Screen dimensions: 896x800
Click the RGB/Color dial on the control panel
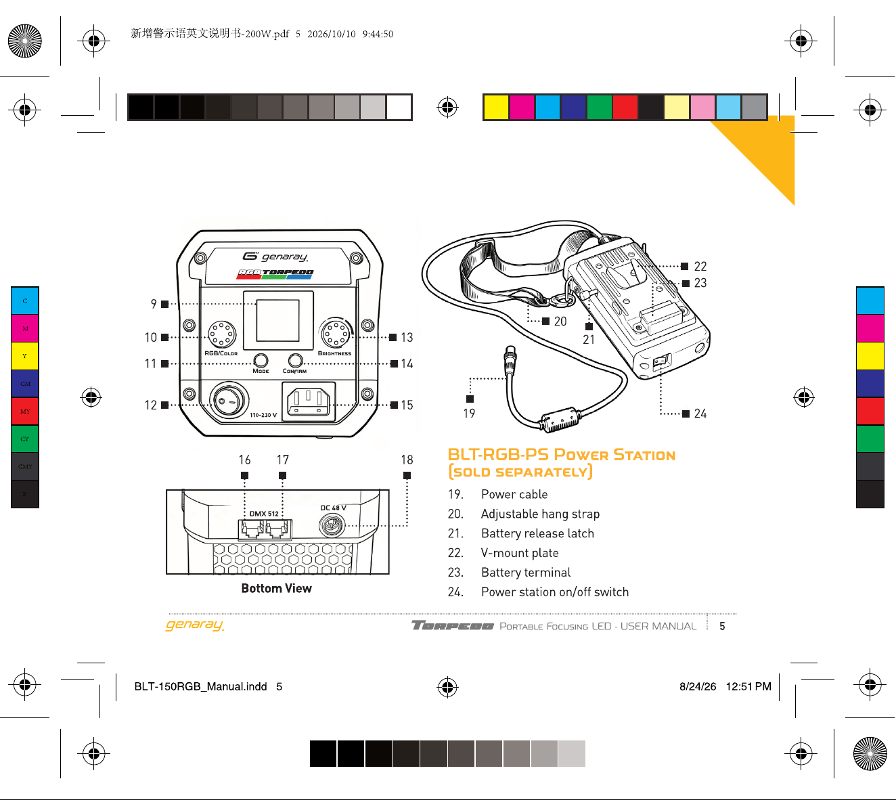[222, 334]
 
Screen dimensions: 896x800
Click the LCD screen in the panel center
[278, 320]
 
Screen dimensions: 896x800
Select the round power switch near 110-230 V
[229, 400]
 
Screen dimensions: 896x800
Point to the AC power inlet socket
[309, 402]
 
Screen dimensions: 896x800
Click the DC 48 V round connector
[331, 525]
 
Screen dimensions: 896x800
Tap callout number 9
[154, 304]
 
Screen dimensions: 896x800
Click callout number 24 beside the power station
[700, 414]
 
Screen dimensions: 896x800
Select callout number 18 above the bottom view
[407, 460]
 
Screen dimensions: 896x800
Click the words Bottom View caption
[276, 588]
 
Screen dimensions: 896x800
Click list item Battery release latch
[537, 533]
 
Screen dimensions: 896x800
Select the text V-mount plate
[520, 553]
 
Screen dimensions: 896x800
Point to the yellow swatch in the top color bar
[496, 107]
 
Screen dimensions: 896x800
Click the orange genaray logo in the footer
[195, 625]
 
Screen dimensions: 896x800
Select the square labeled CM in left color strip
[25, 383]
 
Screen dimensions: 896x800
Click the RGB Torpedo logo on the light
[275, 274]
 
